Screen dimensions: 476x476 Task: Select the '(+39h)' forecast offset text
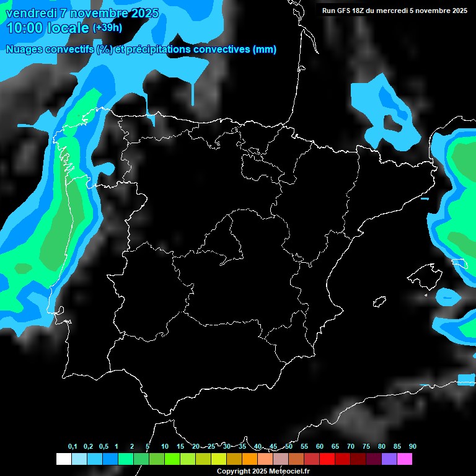click(107, 28)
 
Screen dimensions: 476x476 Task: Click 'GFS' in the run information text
click(346, 11)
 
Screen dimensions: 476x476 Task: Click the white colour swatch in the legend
click(63, 459)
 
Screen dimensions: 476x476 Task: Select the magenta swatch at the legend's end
click(405, 459)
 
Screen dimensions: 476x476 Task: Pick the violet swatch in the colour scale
click(389, 459)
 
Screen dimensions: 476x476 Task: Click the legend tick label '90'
click(412, 446)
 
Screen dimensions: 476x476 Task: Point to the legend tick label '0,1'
click(72, 446)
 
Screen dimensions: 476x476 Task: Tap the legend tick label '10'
click(164, 446)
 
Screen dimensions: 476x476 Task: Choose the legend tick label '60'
click(319, 446)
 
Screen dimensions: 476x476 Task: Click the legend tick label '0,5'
click(103, 446)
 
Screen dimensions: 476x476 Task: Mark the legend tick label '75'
click(366, 446)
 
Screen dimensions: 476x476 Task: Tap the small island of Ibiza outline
click(379, 302)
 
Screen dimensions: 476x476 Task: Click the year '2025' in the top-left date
click(141, 13)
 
